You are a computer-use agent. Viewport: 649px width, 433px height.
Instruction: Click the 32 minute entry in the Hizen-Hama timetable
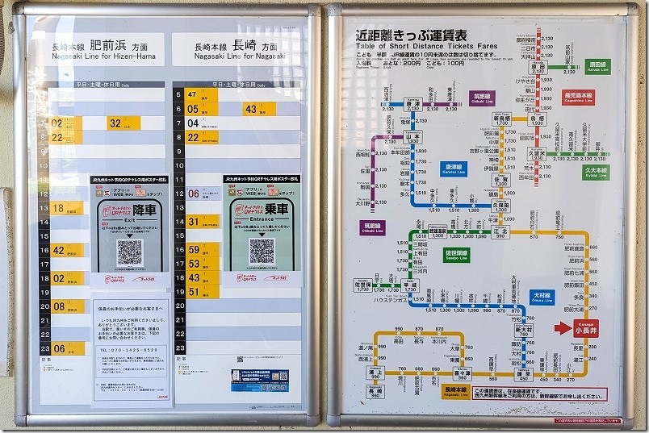[x=116, y=123]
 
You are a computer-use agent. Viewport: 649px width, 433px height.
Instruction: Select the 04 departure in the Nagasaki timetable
[x=193, y=123]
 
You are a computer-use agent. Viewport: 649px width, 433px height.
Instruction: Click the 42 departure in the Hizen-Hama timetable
[x=58, y=250]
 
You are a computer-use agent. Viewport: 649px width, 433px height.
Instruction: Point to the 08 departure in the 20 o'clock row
[x=58, y=306]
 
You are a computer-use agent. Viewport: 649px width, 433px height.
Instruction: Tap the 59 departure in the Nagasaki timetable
[x=194, y=250]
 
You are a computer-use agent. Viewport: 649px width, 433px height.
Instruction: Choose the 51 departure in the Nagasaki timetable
[x=194, y=292]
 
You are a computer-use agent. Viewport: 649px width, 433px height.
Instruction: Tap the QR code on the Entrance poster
[x=262, y=251]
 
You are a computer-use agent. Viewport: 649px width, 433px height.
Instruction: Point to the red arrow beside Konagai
[x=563, y=327]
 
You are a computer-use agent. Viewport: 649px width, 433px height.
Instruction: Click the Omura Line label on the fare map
[x=542, y=298]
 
